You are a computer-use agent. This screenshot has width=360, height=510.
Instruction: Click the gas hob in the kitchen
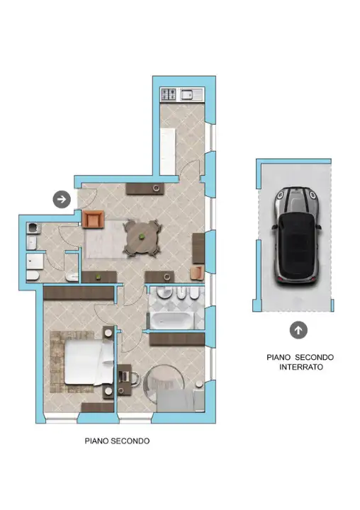[169, 94]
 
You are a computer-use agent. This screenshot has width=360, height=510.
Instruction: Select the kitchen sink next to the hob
[191, 94]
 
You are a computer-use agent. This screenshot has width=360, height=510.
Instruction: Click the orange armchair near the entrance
[94, 219]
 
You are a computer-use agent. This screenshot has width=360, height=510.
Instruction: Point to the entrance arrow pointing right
[62, 199]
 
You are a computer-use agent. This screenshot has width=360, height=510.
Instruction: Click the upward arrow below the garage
[298, 330]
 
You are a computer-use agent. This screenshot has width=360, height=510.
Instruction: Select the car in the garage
[296, 236]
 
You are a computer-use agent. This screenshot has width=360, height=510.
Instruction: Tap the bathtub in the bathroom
[171, 319]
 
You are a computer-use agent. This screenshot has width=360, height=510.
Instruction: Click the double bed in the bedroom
[89, 363]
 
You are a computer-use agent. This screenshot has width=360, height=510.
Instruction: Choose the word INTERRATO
[301, 367]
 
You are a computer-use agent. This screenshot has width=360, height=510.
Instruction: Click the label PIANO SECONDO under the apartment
[117, 441]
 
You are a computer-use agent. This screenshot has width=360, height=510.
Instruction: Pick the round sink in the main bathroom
[164, 292]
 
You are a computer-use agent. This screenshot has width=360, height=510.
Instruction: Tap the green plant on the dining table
[142, 237]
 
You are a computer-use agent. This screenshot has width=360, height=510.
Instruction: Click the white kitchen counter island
[168, 152]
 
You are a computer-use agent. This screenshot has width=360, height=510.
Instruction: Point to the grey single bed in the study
[181, 400]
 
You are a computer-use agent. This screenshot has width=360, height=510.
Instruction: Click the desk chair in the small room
[133, 378]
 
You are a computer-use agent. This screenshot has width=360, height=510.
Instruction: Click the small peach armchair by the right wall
[197, 273]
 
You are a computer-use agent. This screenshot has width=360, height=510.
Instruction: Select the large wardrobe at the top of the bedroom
[79, 293]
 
